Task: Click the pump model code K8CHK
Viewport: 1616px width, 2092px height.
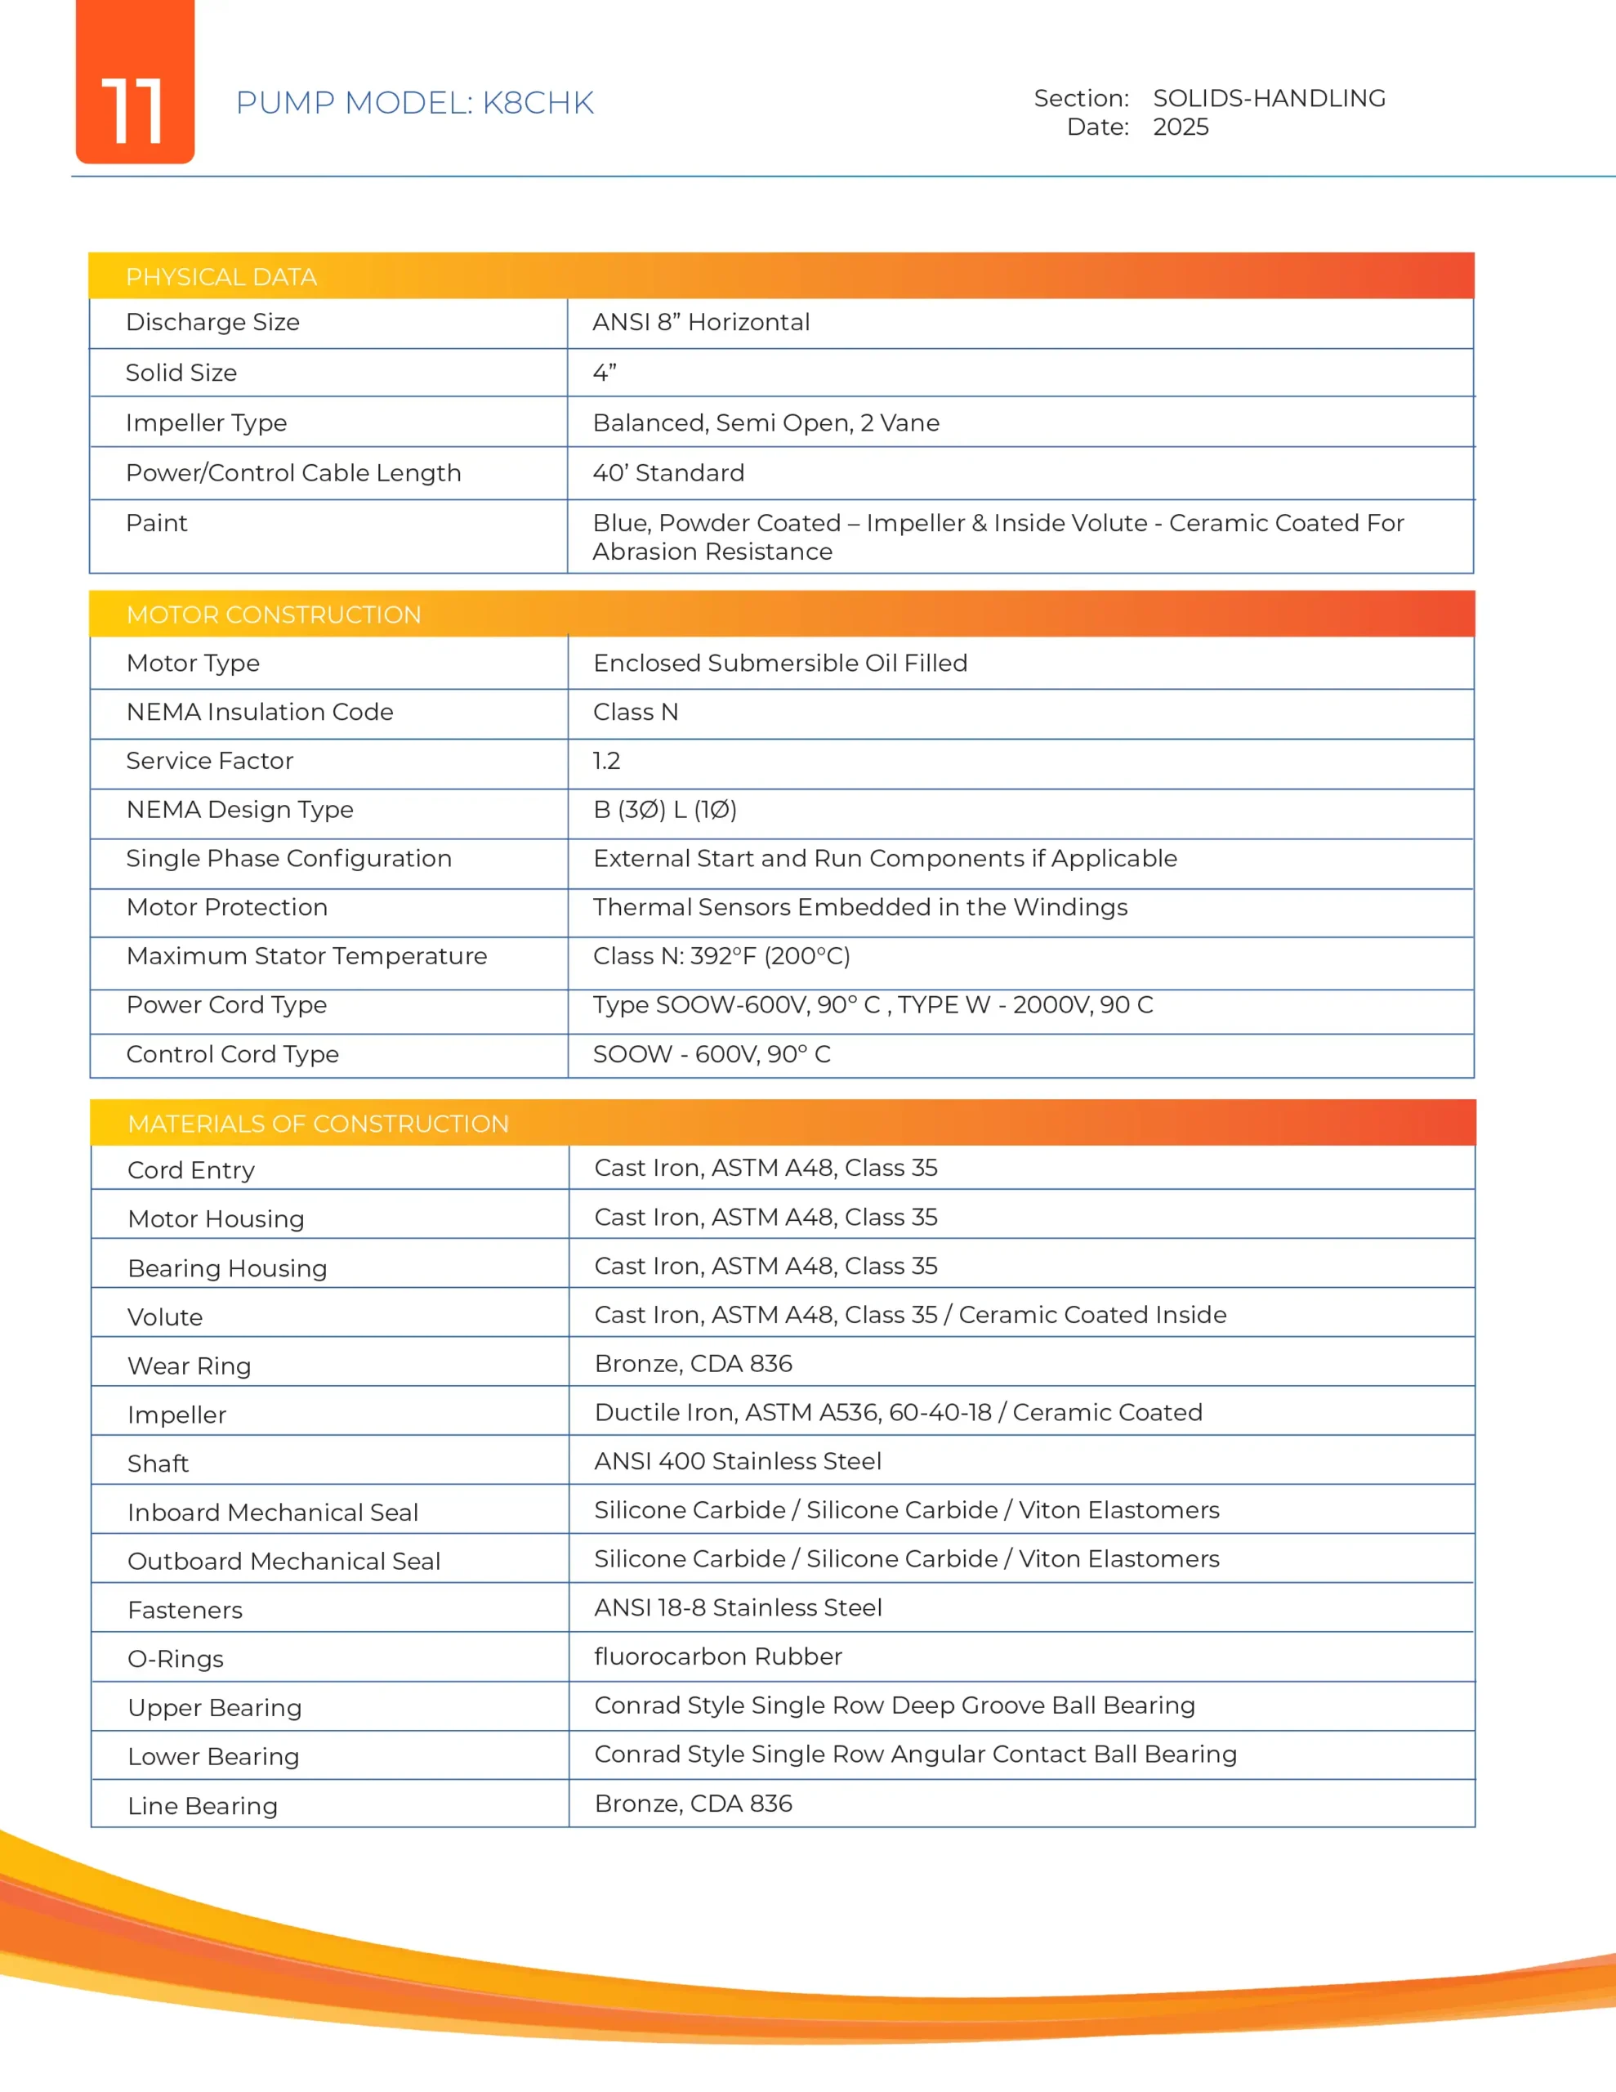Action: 538,102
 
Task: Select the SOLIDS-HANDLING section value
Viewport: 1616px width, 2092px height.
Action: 1268,98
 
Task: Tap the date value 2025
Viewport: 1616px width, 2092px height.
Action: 1181,127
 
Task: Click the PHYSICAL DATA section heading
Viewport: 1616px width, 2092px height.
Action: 221,277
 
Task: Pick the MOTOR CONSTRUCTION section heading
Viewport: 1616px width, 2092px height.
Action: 274,615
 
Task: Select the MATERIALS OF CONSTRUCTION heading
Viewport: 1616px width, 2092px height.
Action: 318,1124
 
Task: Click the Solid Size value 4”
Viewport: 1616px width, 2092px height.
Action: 605,373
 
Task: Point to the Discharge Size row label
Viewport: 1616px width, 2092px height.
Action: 212,322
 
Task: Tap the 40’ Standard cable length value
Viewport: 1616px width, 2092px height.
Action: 668,473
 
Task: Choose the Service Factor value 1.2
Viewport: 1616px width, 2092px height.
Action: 606,761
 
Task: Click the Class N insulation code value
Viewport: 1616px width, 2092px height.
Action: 635,712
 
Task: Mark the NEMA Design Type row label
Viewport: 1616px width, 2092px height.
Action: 239,809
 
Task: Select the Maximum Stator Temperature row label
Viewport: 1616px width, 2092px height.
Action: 306,956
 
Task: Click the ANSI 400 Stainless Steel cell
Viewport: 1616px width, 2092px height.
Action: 738,1461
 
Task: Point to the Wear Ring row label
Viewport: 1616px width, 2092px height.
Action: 189,1366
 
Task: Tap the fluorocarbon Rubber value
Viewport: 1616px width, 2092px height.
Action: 717,1656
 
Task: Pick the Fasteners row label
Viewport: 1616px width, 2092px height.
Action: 185,1610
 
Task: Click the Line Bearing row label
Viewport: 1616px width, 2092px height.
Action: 202,1806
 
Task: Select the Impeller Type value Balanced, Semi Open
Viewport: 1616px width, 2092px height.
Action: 766,422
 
